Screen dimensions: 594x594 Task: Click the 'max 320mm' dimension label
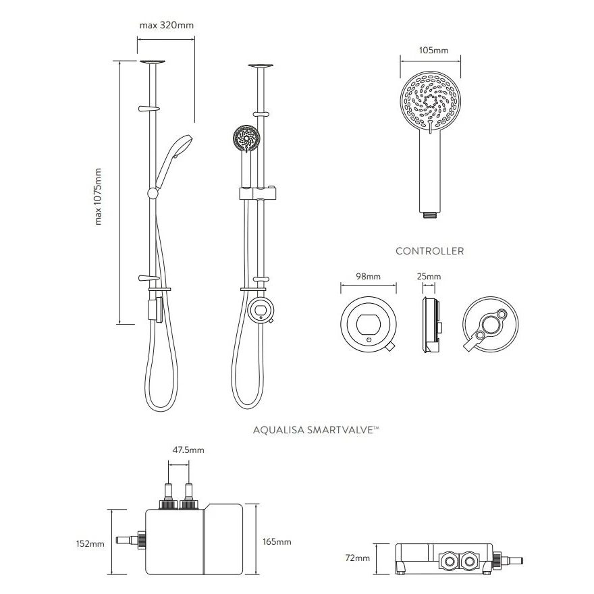[x=166, y=26]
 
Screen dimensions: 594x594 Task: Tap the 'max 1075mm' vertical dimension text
[x=99, y=196]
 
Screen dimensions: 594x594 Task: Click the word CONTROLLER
[x=429, y=251]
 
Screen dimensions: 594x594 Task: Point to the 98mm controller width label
[x=368, y=277]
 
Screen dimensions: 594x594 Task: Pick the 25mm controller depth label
[x=429, y=277]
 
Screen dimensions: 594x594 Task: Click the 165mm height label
[x=277, y=542]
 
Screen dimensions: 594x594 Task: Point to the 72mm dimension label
[x=358, y=558]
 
